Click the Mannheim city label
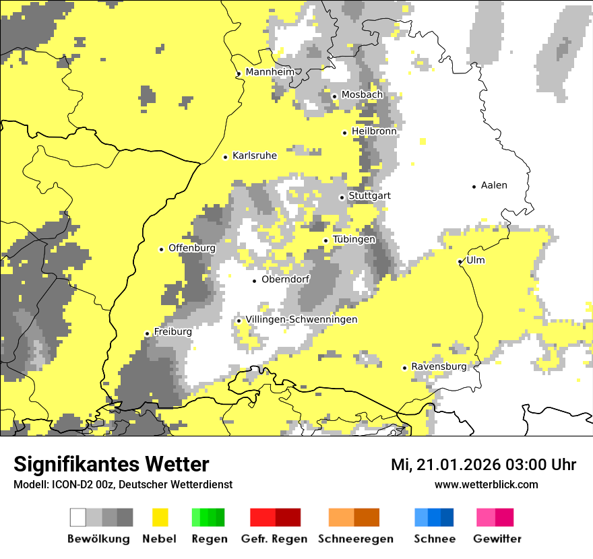click(x=270, y=72)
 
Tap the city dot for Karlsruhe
click(x=226, y=157)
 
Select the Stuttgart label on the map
click(x=370, y=196)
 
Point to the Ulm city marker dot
click(x=460, y=261)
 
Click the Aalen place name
click(x=494, y=185)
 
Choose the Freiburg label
click(x=173, y=332)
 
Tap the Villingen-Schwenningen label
click(x=301, y=319)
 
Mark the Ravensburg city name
click(x=439, y=366)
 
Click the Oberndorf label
click(x=286, y=279)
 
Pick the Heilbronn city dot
click(x=345, y=133)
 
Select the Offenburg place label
click(x=192, y=248)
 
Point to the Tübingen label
click(x=354, y=240)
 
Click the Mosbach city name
click(x=362, y=95)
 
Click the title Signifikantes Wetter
click(x=111, y=464)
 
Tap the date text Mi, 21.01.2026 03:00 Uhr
click(x=483, y=465)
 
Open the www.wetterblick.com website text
click(x=486, y=484)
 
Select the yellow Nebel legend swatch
click(x=160, y=517)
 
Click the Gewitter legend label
click(x=497, y=539)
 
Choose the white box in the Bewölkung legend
click(x=78, y=517)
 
